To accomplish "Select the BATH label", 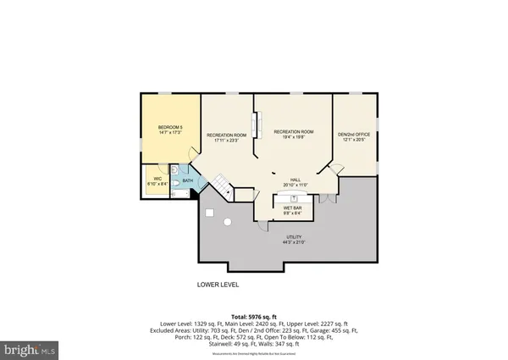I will click(187, 179).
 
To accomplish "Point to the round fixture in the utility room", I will click(227, 222).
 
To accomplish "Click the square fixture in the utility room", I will click(208, 213).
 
